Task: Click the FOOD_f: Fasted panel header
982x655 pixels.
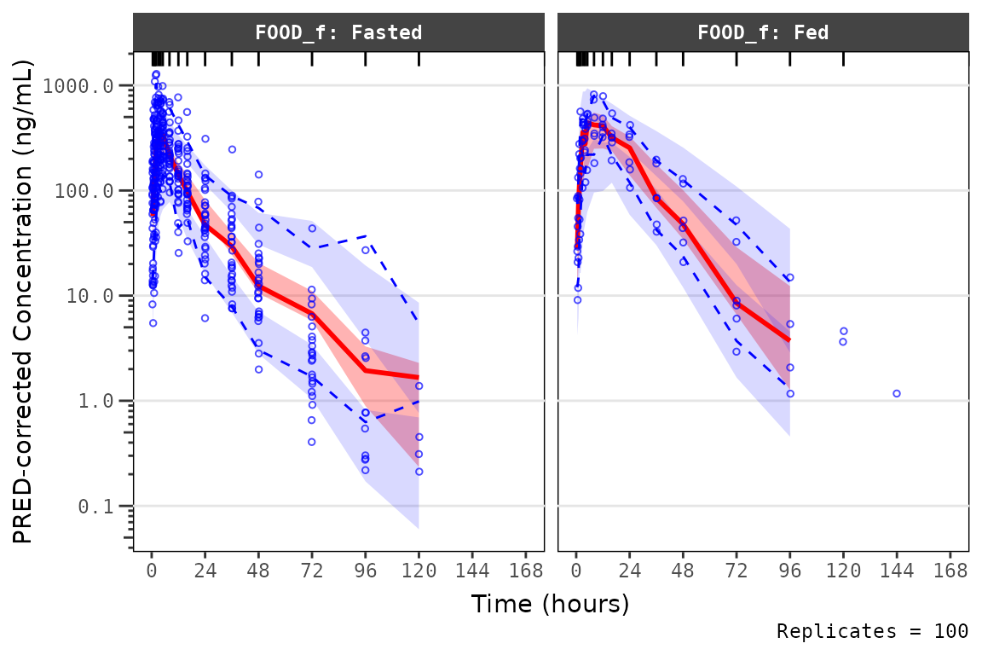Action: tap(338, 33)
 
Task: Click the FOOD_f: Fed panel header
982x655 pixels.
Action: tap(763, 33)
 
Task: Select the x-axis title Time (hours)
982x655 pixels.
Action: tap(550, 604)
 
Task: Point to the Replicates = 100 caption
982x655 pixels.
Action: tap(872, 632)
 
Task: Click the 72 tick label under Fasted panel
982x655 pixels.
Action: tap(312, 571)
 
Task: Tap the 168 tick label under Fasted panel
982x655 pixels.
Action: tap(526, 571)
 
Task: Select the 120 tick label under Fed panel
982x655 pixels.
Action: tap(843, 571)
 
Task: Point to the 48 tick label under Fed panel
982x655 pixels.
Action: tap(683, 571)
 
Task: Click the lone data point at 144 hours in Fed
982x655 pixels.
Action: tap(897, 393)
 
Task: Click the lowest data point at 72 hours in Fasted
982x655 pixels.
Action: tap(312, 442)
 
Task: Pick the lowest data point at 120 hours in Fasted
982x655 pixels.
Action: tap(419, 472)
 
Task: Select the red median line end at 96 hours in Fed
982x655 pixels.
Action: tap(789, 340)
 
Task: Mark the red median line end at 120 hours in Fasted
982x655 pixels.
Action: tap(419, 377)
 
